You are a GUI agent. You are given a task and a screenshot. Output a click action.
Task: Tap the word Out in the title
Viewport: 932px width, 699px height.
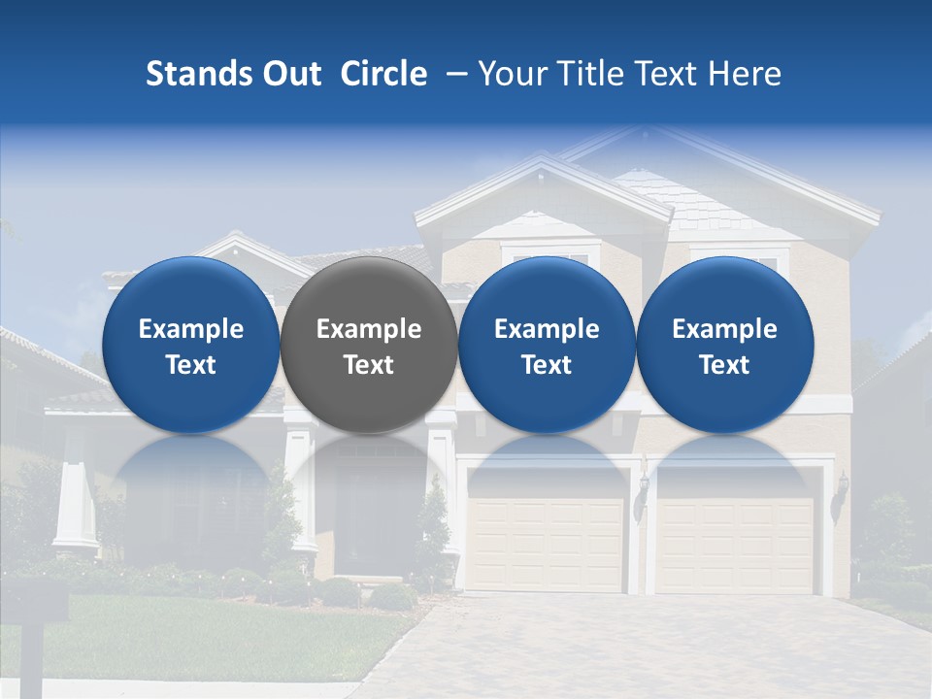tap(289, 74)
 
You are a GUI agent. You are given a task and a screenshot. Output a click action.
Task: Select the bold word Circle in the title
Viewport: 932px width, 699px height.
tap(383, 74)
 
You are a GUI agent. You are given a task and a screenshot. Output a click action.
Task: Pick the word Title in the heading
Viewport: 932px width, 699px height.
tap(591, 74)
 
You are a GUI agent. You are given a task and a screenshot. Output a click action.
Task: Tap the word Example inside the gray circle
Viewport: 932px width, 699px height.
tap(369, 329)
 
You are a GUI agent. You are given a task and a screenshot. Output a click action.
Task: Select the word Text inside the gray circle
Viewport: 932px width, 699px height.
tap(369, 365)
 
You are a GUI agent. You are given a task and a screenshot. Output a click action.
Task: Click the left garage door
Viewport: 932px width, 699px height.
tap(545, 530)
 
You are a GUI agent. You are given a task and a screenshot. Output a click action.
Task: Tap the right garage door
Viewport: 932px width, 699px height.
tap(735, 530)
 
